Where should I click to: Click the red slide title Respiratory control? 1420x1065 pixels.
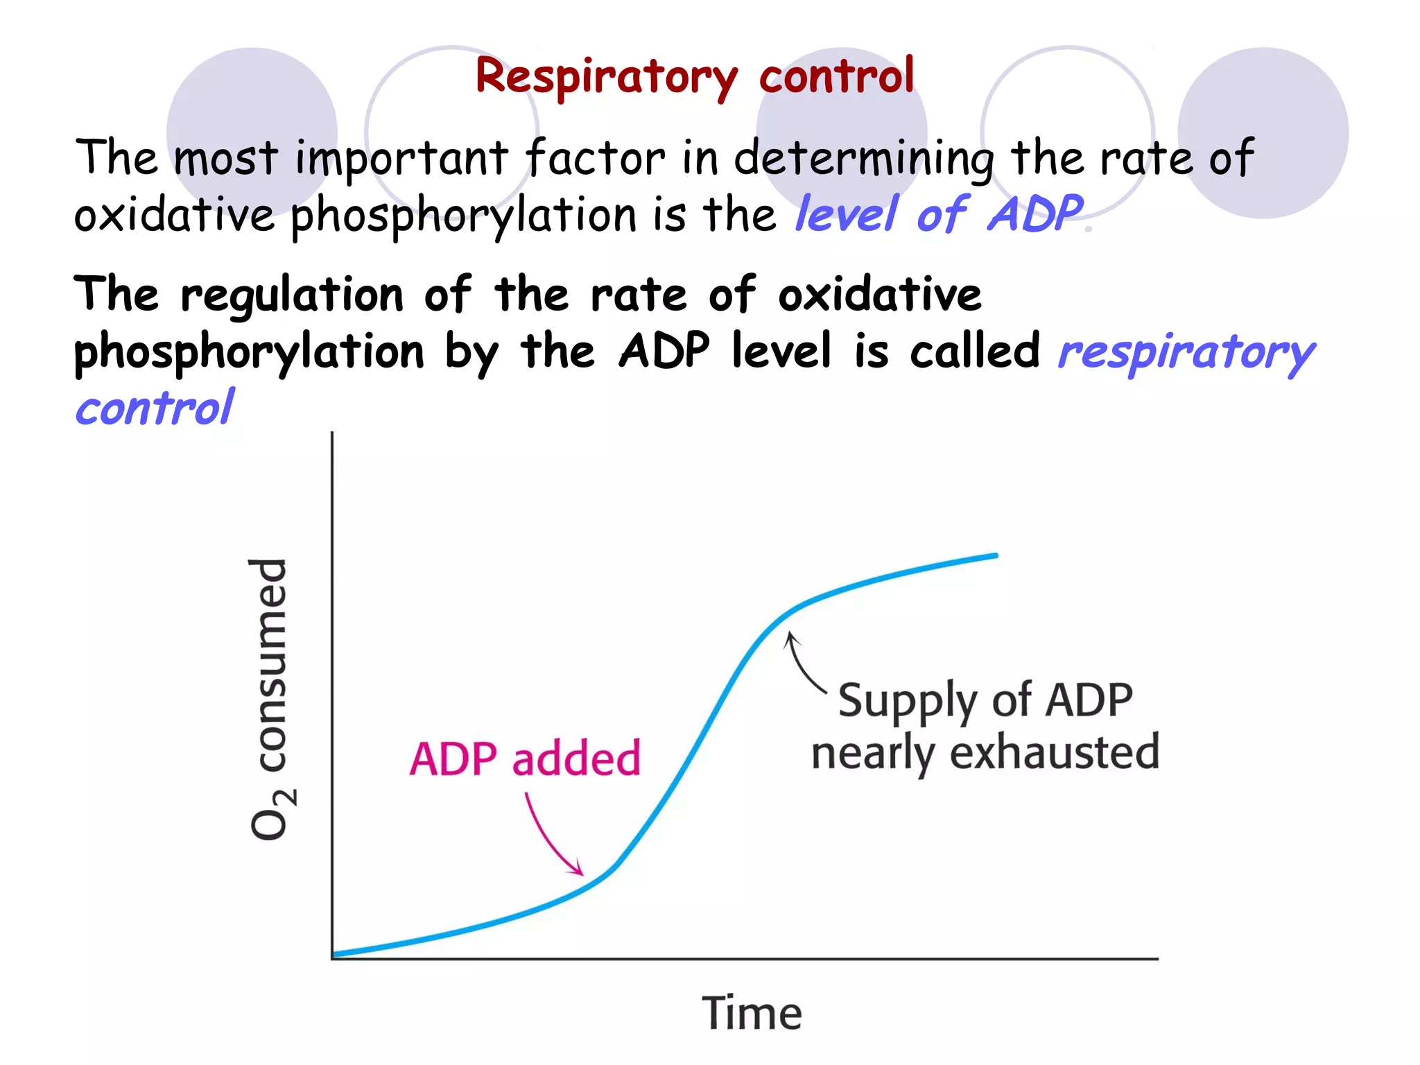coord(695,76)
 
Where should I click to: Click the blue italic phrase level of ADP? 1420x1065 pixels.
coord(940,214)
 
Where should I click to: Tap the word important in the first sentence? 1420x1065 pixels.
coord(401,158)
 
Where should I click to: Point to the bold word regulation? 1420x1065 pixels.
coord(292,295)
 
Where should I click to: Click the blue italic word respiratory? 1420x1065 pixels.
coord(1186,352)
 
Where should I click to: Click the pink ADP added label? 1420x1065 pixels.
coord(525,759)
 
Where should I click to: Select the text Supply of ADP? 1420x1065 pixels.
coord(985,700)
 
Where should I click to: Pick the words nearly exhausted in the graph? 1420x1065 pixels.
coord(985,752)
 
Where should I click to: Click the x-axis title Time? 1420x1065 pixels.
coord(752,1013)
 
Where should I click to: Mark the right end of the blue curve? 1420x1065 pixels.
coord(995,555)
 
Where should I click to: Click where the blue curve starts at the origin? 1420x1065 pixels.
coord(336,955)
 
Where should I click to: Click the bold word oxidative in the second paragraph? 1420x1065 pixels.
coord(879,295)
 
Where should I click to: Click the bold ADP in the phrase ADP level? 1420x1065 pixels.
coord(664,351)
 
